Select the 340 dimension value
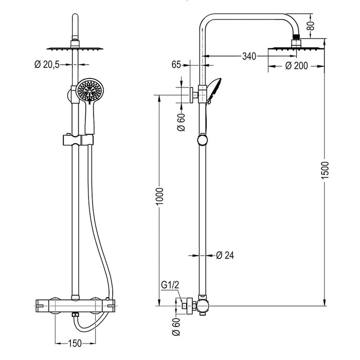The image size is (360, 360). (x=248, y=57)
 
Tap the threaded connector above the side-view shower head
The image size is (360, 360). (x=296, y=40)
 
